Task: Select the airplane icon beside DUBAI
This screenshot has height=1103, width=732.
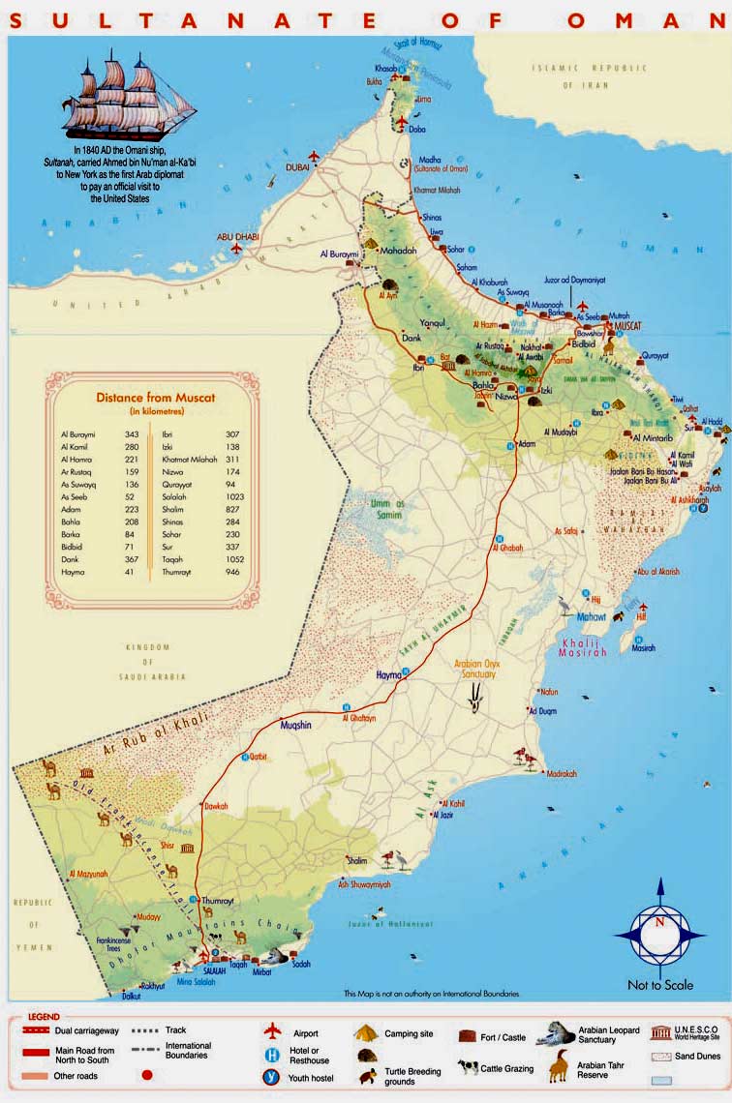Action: [x=314, y=155]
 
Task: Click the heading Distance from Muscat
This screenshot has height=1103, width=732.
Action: [x=155, y=398]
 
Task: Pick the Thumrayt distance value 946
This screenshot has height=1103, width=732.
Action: [x=232, y=572]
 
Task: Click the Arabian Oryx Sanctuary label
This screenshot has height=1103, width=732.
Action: [x=475, y=669]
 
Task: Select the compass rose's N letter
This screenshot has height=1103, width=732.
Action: [x=660, y=922]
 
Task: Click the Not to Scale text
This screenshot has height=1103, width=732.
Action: [x=660, y=985]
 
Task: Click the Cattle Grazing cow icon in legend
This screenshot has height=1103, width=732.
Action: [x=468, y=1068]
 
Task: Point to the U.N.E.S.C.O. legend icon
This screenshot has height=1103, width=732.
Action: [x=663, y=1032]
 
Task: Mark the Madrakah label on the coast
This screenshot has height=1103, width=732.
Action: [x=561, y=774]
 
